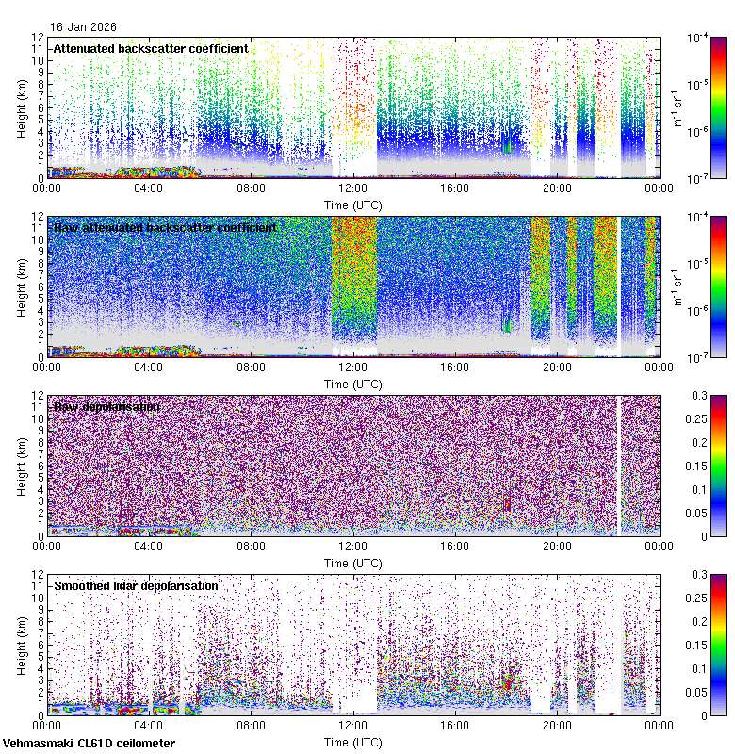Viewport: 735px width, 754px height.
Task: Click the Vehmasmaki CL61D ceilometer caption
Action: [x=88, y=744]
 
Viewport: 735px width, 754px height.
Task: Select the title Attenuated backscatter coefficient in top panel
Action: [x=151, y=48]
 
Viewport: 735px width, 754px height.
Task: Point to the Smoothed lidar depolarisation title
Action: [x=136, y=585]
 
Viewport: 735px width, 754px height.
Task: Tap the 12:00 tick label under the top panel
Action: [x=352, y=188]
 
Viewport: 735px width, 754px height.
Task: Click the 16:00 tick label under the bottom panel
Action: [x=455, y=725]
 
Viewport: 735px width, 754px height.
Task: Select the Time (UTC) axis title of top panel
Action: [x=352, y=204]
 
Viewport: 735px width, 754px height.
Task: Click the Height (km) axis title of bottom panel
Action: [x=22, y=644]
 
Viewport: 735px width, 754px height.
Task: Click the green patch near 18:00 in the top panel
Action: [x=506, y=147]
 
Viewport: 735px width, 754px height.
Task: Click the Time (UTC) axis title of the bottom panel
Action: [x=352, y=742]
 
